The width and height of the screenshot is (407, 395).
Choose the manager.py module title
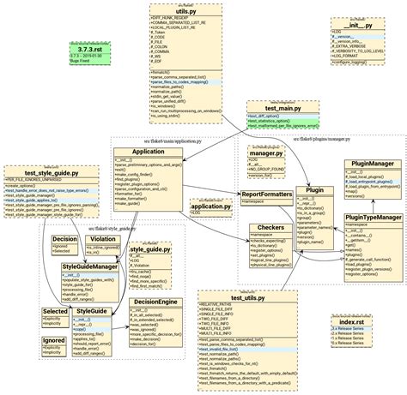point(267,153)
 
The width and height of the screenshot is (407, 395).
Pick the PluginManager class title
point(368,164)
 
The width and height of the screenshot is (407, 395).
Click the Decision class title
point(64,239)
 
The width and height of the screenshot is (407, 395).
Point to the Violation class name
point(103,239)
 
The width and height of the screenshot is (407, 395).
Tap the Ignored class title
point(54,340)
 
